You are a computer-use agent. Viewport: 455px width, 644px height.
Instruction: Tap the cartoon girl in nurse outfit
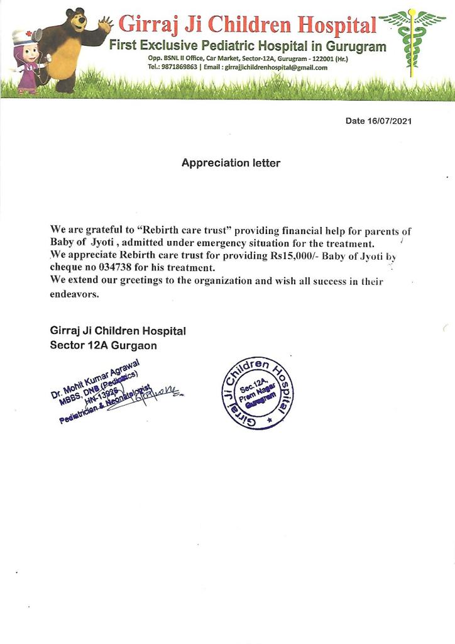point(26,60)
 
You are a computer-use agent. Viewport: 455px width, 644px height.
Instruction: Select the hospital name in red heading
point(248,25)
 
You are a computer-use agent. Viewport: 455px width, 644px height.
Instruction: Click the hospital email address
point(276,67)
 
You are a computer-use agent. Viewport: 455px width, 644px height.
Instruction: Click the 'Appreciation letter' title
point(231,163)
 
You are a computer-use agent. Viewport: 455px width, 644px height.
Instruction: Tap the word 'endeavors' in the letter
point(75,294)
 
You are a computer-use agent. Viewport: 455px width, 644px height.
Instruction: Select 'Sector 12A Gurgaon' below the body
point(104,345)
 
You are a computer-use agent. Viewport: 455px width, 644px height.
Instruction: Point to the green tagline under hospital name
point(248,46)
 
